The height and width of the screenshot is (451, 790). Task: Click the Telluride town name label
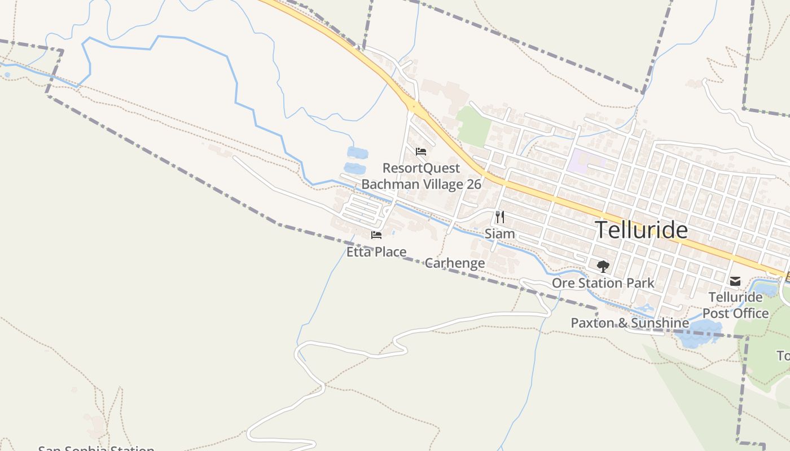(641, 230)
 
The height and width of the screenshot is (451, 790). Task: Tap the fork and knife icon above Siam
(499, 216)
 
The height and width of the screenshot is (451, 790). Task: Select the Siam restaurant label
(499, 233)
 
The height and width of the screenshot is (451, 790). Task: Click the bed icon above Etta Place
(376, 235)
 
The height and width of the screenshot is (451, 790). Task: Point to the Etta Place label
(376, 252)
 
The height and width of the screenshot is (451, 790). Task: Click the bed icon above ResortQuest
(420, 152)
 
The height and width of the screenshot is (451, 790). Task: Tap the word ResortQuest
(421, 168)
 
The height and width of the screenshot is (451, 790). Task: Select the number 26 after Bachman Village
(474, 184)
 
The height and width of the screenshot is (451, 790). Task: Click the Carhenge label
(454, 263)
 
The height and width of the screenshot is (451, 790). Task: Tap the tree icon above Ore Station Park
(603, 266)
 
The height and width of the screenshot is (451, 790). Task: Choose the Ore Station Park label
(603, 283)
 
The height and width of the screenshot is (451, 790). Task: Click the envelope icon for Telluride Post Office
(735, 281)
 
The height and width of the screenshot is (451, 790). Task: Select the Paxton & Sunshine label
(630, 323)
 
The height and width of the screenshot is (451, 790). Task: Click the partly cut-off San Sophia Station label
(96, 448)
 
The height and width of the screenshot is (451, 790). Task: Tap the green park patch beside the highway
(474, 125)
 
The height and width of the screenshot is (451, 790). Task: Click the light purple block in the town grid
(581, 161)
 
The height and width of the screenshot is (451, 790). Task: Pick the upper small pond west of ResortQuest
(357, 153)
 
